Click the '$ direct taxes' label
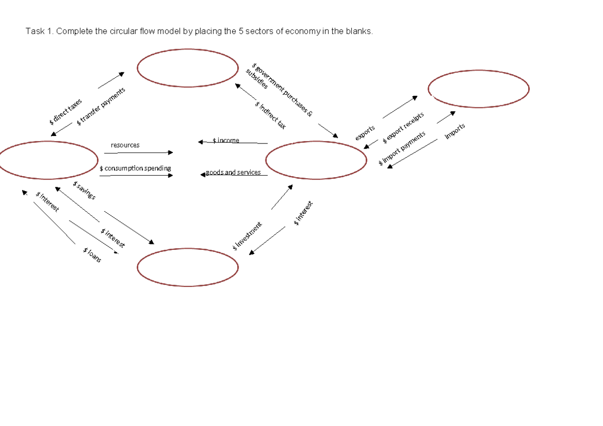point(66,112)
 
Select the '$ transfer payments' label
point(101,106)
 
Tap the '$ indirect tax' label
point(270,115)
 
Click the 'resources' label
point(125,145)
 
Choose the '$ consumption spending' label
point(135,168)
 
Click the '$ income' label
point(226,140)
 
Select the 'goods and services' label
point(233,173)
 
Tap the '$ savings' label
point(84,190)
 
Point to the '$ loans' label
point(92,255)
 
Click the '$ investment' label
point(247,236)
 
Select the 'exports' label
point(365,133)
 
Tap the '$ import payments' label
point(402,149)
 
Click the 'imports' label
point(455,131)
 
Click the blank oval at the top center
point(187,68)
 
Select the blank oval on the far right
point(478,89)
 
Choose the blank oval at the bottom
point(187,267)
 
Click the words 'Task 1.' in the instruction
point(40,32)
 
